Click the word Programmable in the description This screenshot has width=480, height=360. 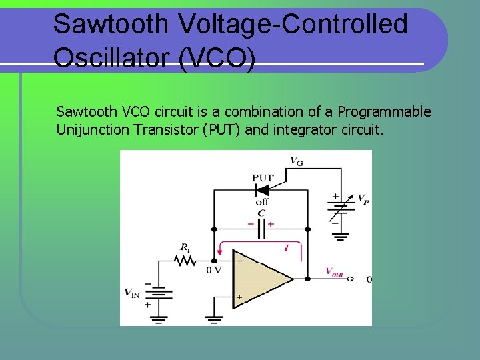[385, 111]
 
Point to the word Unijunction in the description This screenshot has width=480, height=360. [93, 129]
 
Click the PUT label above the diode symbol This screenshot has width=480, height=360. [262, 177]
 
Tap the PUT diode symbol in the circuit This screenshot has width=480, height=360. [262, 190]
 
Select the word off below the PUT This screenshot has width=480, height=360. [262, 201]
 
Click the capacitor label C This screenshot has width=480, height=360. [262, 213]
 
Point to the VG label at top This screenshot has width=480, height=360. [295, 160]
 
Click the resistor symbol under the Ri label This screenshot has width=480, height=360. [185, 260]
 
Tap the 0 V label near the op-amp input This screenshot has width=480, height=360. [214, 270]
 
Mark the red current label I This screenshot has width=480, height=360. [286, 248]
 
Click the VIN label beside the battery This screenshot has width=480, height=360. [133, 291]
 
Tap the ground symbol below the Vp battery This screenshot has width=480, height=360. [341, 235]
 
